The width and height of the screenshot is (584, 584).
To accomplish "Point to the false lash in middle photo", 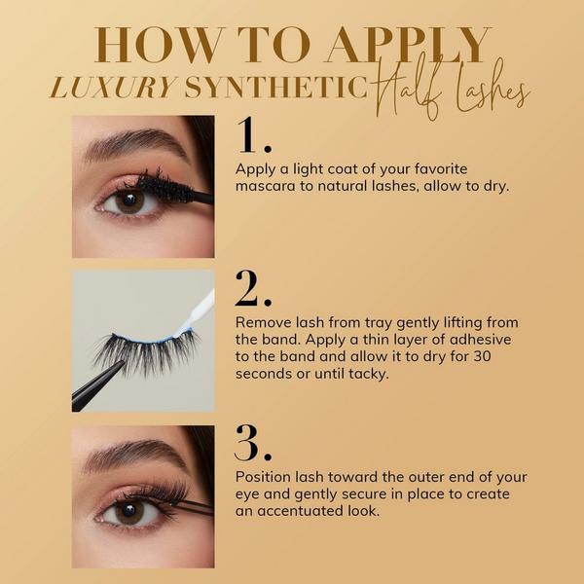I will [146, 350].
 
